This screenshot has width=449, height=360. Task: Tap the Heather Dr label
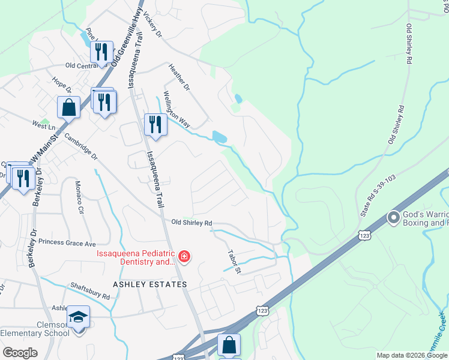point(179,78)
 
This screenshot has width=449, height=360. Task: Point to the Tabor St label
point(234,262)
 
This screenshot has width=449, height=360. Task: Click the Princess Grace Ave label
point(67,244)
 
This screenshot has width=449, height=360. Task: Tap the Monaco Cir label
point(79,197)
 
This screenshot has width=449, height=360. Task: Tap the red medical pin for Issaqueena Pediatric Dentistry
point(184,257)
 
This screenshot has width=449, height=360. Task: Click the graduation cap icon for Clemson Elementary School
point(78,316)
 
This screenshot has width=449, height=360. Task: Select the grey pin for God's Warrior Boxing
point(394,217)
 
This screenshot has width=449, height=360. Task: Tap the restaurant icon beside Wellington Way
point(155,124)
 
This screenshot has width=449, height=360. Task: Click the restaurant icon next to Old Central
point(101,52)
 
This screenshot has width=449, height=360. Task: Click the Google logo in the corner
point(19,353)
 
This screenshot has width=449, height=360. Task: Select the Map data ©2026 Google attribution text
point(412,355)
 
